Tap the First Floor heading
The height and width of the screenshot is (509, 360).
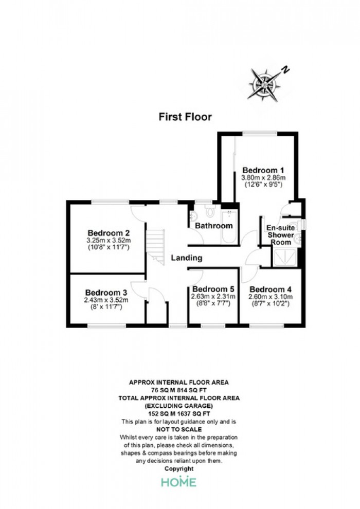click(x=185, y=117)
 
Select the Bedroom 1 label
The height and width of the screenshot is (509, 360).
click(x=263, y=170)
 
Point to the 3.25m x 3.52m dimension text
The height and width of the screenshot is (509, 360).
click(x=109, y=241)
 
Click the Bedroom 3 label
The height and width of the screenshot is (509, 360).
click(x=106, y=293)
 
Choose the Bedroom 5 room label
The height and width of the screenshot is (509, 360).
click(x=213, y=289)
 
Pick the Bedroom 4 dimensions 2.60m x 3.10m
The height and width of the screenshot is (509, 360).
click(x=271, y=297)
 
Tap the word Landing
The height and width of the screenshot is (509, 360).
click(x=187, y=258)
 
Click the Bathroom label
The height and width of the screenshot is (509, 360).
click(x=214, y=226)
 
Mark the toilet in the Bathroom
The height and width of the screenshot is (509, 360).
click(x=211, y=211)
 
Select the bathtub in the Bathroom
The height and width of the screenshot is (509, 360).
click(x=229, y=227)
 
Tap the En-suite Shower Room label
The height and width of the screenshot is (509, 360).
click(x=281, y=234)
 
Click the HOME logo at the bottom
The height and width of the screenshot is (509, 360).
click(x=179, y=482)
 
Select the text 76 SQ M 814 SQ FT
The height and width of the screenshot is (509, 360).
click(x=179, y=390)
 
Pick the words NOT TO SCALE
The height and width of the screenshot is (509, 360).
click(x=179, y=429)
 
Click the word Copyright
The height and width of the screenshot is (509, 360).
click(x=179, y=469)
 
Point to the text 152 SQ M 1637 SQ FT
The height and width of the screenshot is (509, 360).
click(x=179, y=414)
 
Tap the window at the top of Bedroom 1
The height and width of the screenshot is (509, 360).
click(x=260, y=133)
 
